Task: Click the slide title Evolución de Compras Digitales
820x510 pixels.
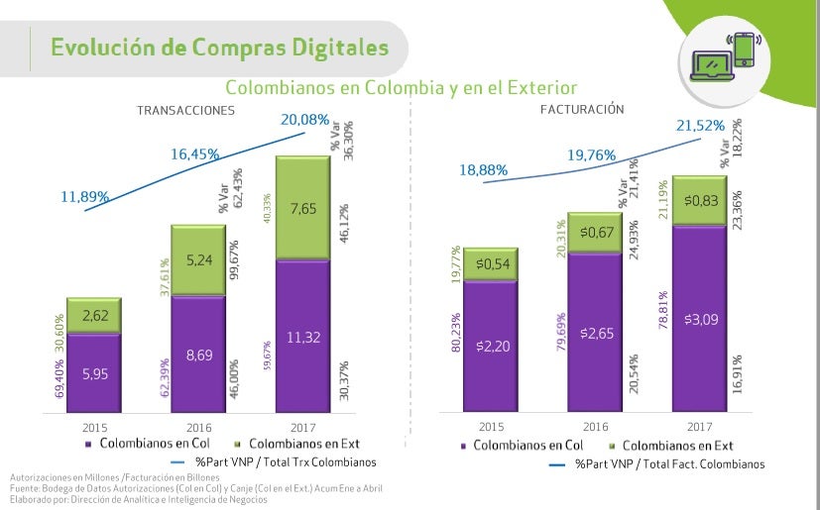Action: coord(219,48)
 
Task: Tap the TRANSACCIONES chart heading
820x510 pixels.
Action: coord(185,110)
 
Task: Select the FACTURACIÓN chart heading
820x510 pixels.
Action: coord(582,109)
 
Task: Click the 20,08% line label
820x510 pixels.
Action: coord(304,120)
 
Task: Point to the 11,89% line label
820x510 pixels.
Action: coord(85,197)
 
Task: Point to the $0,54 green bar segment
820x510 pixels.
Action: coord(490,264)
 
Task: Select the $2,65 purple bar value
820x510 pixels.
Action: coord(595,329)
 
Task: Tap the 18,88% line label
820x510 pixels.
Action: coord(484,170)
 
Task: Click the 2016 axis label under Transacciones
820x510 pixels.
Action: coord(198,426)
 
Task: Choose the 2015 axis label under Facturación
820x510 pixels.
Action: coord(490,426)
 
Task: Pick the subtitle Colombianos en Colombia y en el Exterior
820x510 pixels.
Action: coord(401,88)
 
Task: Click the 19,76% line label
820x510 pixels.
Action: coord(592,154)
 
